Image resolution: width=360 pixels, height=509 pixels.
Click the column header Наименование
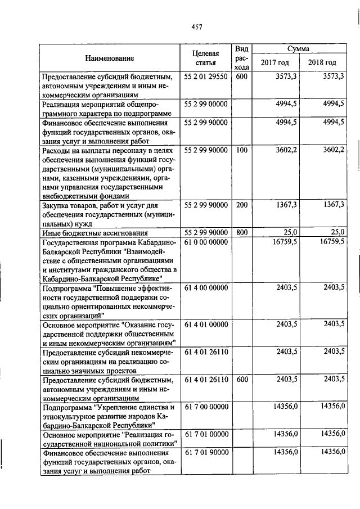(110, 58)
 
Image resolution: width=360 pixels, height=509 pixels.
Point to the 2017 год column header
(274, 62)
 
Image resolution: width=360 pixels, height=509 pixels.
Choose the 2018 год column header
(322, 62)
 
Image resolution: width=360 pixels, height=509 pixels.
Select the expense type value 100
(242, 150)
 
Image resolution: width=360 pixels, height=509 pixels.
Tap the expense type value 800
(242, 232)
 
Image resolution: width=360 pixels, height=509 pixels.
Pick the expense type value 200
(242, 205)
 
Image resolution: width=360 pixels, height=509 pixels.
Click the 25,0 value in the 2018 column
(337, 232)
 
